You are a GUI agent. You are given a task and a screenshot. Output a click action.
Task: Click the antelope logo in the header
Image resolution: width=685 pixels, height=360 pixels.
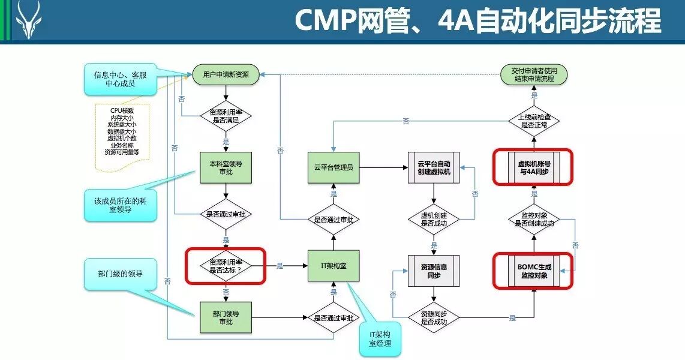coord(28,20)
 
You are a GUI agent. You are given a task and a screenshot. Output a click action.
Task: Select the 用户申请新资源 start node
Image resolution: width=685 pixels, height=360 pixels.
coord(226,75)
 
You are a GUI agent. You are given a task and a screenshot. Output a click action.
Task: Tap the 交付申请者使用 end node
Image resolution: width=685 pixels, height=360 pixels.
coord(534,75)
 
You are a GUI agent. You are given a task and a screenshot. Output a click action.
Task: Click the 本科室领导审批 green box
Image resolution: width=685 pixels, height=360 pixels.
coord(226,167)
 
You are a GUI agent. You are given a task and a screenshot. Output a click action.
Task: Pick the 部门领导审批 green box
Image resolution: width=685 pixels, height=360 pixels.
coord(226,317)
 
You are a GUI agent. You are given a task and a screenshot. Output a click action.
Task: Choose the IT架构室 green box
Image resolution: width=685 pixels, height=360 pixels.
coord(334,265)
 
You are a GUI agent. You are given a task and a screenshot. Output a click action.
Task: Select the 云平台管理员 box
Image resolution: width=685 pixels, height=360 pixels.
coord(334,167)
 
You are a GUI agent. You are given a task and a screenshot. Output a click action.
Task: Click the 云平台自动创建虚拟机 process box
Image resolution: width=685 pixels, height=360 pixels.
coord(434,167)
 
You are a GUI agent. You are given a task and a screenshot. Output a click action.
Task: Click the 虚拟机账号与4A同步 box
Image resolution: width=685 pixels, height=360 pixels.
coord(533,167)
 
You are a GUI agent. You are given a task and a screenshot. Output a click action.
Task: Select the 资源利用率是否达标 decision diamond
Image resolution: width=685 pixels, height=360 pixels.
coord(226,266)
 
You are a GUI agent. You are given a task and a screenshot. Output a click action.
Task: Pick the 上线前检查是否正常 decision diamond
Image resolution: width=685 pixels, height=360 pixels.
coord(534,121)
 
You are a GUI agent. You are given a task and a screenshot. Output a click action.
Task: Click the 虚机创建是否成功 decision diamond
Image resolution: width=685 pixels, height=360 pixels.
coord(434,219)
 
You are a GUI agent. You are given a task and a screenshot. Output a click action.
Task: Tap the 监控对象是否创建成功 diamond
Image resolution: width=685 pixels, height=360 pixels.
coord(534,219)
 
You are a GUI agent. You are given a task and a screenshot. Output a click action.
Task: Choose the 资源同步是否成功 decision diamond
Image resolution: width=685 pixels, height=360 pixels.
coord(434,317)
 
